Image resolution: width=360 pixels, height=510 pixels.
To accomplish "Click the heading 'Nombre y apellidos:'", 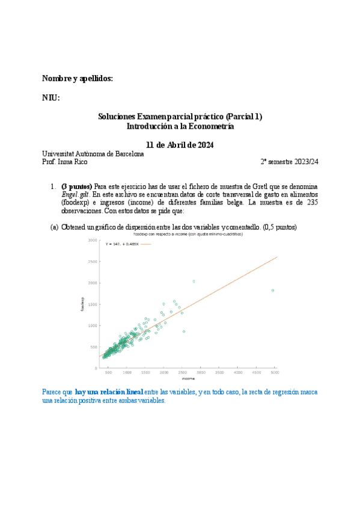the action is (x=77, y=79).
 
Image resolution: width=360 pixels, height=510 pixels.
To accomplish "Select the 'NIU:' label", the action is (x=50, y=98).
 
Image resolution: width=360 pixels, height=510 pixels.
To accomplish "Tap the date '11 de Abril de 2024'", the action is (x=180, y=145).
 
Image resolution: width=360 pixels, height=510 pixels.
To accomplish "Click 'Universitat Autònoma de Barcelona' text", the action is (x=93, y=154).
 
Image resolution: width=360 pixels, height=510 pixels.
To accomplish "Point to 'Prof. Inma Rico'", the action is (x=64, y=162).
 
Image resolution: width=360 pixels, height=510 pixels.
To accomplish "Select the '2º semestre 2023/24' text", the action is (x=289, y=162).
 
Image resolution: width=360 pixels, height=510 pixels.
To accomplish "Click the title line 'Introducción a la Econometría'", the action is (x=180, y=126).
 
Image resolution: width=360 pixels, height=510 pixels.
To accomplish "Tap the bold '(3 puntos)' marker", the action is (x=76, y=187).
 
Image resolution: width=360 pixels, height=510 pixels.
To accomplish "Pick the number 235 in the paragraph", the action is (x=312, y=203).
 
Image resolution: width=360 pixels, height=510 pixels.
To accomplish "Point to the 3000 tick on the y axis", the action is (x=93, y=241).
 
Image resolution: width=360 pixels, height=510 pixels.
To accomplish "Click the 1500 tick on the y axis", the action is (x=93, y=304).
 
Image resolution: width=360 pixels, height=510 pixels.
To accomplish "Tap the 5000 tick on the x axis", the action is (x=275, y=373).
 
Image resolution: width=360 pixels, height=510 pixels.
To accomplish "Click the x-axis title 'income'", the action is (x=189, y=379).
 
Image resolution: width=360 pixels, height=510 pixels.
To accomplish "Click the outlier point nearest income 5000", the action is (x=273, y=290).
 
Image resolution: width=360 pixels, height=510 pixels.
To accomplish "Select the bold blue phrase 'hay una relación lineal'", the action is (x=109, y=392).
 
